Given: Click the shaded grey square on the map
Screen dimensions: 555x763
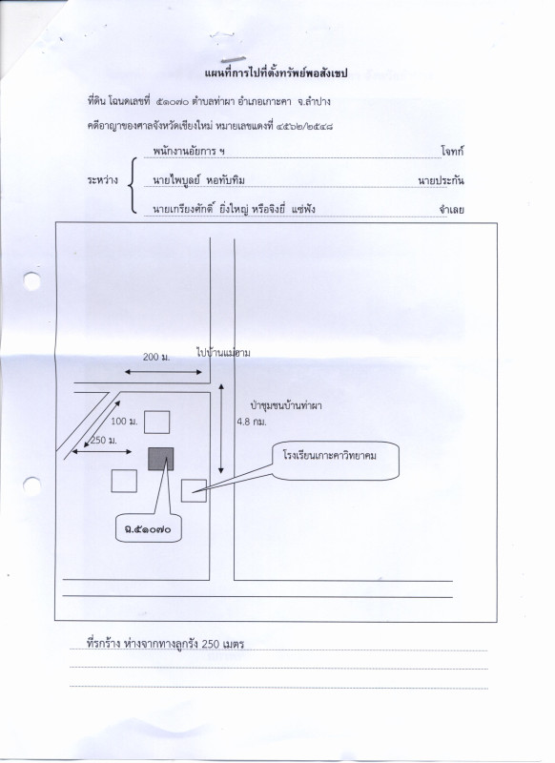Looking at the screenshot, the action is pyautogui.click(x=160, y=459).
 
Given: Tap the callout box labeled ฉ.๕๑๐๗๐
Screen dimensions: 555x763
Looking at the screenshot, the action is pyautogui.click(x=149, y=528).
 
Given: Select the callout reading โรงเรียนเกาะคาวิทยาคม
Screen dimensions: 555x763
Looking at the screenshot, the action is pyautogui.click(x=336, y=461).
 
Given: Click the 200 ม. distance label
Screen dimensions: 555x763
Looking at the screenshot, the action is pyautogui.click(x=156, y=357).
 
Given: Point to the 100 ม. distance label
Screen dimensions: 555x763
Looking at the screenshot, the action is pyautogui.click(x=125, y=422).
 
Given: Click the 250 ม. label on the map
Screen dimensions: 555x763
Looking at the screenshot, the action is pyautogui.click(x=104, y=441).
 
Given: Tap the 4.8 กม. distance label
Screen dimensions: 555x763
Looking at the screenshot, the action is pyautogui.click(x=252, y=422).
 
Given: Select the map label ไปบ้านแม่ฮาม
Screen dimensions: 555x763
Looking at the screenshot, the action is pyautogui.click(x=223, y=353).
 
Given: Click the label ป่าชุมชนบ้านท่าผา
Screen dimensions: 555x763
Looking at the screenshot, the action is pyautogui.click(x=286, y=405).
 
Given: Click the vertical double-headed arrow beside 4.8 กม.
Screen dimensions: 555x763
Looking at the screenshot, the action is pyautogui.click(x=221, y=428).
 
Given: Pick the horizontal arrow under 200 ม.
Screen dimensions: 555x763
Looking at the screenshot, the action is pyautogui.click(x=163, y=372).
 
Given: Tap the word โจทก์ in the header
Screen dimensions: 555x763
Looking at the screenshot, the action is pyautogui.click(x=452, y=151).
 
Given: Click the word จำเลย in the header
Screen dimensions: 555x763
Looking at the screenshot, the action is pyautogui.click(x=451, y=210).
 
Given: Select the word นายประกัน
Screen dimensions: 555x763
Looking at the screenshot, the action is pyautogui.click(x=441, y=180).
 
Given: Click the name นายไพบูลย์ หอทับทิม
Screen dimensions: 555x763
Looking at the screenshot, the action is pyautogui.click(x=198, y=180).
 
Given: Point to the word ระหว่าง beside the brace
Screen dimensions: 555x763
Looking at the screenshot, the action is pyautogui.click(x=103, y=180).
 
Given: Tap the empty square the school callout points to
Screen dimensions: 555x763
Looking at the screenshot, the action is pyautogui.click(x=195, y=490).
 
